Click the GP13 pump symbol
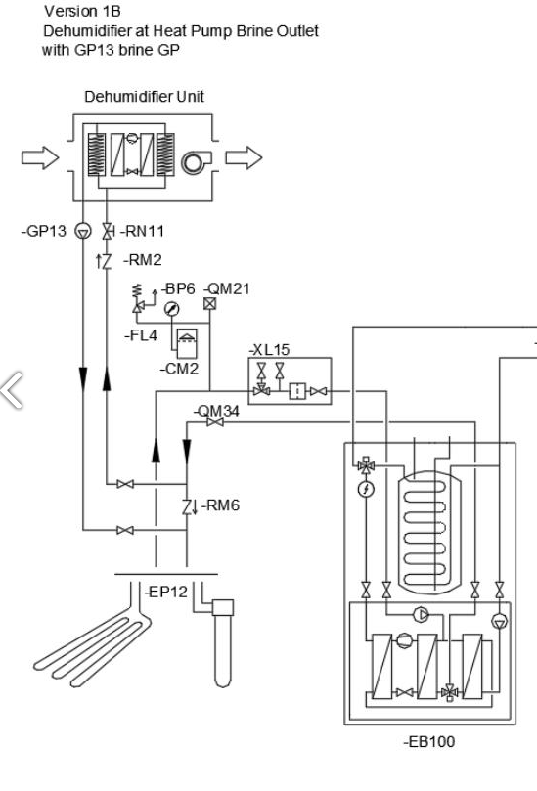tap(83, 231)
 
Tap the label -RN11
tap(143, 231)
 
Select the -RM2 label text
tap(143, 260)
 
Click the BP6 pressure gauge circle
tap(172, 309)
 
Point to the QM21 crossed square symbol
tap(210, 304)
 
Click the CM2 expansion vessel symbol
tap(187, 343)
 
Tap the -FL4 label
tap(141, 335)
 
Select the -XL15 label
tap(269, 350)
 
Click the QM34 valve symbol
tap(215, 422)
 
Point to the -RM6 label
tap(220, 505)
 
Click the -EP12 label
tap(166, 592)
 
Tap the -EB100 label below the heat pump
tap(429, 741)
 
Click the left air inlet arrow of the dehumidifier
tap(40, 157)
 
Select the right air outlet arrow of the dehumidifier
tap(244, 157)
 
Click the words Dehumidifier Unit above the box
tap(145, 97)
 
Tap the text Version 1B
tap(82, 11)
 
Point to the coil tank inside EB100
tap(429, 532)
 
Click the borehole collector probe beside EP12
tap(223, 643)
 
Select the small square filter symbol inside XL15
tap(297, 391)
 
